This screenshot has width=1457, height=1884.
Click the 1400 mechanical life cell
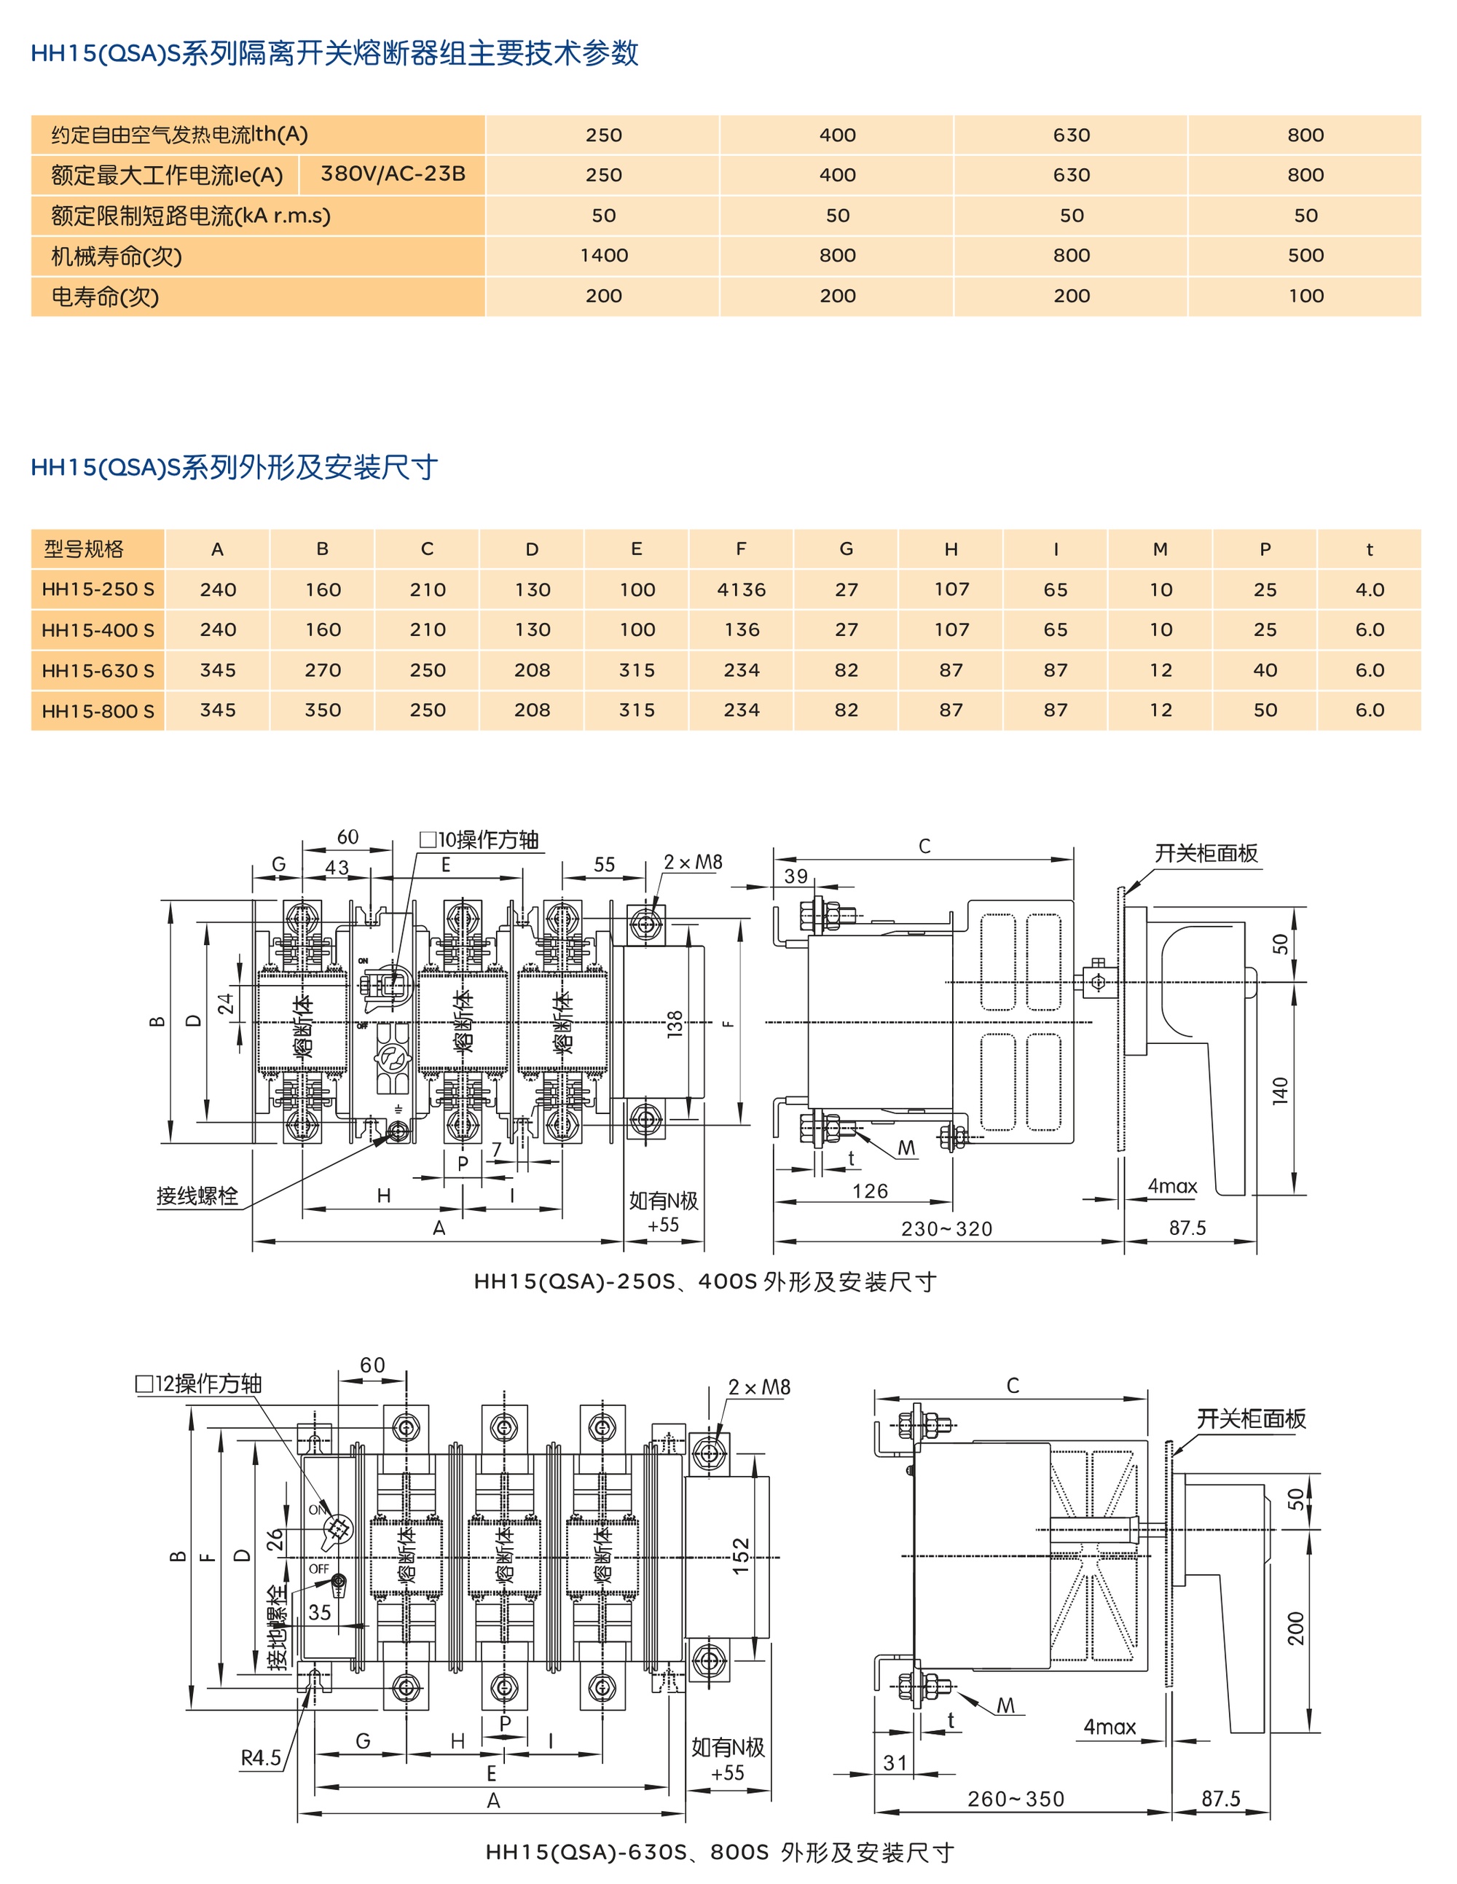[603, 255]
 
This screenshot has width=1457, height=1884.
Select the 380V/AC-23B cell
[393, 174]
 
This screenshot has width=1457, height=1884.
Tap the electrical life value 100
[1305, 296]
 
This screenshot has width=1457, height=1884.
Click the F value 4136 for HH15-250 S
[741, 590]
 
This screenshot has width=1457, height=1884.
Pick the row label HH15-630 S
[98, 670]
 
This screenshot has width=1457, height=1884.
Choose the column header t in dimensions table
[1369, 549]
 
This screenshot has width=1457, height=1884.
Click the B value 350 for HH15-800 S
[323, 710]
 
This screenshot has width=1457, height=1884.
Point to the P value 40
[1265, 670]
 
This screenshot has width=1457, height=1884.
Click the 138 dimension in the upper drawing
[675, 1023]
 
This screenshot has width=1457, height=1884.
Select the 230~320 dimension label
[946, 1228]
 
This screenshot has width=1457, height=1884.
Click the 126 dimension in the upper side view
[870, 1191]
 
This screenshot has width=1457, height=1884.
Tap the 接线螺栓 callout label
[197, 1196]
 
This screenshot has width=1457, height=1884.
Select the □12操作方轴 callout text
[198, 1383]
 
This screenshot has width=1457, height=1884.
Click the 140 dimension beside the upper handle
[1279, 1091]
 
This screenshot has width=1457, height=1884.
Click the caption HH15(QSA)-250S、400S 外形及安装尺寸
[704, 1282]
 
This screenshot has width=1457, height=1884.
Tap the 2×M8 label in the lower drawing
[758, 1388]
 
